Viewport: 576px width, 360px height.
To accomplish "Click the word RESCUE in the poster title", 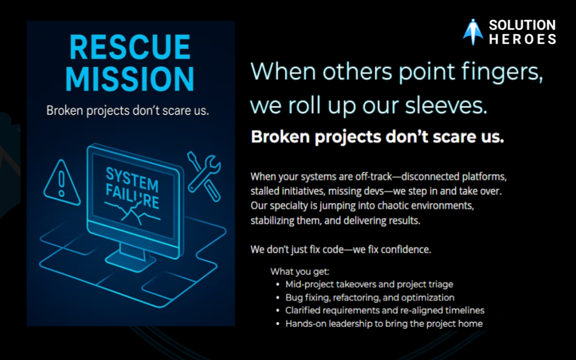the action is pyautogui.click(x=130, y=47).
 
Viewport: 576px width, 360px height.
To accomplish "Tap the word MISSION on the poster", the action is pyautogui.click(x=130, y=79).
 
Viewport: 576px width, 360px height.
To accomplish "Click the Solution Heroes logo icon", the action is pyautogui.click(x=473, y=32).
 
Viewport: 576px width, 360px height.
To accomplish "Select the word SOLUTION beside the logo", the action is pyautogui.click(x=522, y=25).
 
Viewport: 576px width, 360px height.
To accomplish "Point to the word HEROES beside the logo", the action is pyautogui.click(x=523, y=39).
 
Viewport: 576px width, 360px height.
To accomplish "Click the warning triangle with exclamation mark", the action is pyautogui.click(x=62, y=182).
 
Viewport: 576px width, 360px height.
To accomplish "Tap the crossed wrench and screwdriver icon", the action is pyautogui.click(x=204, y=176).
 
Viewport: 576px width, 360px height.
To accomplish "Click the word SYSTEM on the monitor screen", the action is pyautogui.click(x=132, y=179).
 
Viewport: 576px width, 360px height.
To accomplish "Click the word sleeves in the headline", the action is pyautogui.click(x=446, y=106).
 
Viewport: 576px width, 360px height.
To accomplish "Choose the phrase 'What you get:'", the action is pyautogui.click(x=300, y=272).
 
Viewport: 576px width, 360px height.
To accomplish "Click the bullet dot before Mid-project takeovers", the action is pyautogui.click(x=278, y=284).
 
